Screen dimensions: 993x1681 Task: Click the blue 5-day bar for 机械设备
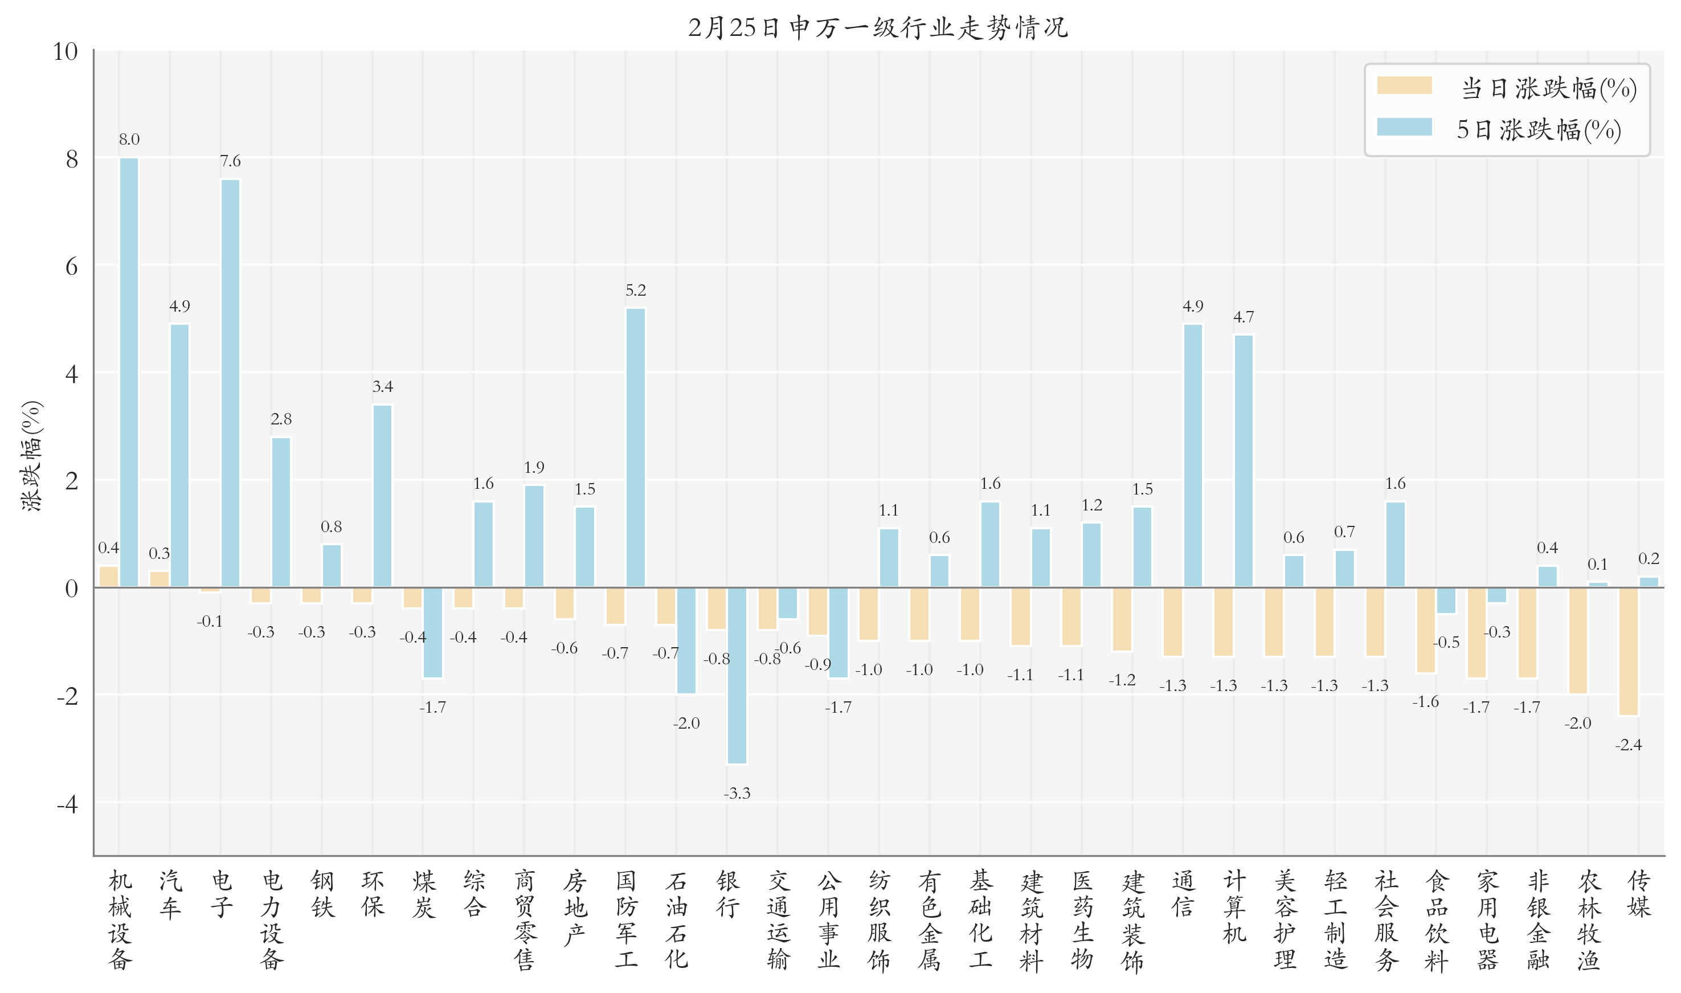tap(129, 373)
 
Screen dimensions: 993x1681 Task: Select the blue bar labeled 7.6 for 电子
tap(230, 383)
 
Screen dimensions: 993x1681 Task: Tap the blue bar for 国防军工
tap(636, 448)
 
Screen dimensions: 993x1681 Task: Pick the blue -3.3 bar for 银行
tap(737, 676)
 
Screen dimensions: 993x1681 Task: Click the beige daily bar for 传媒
tap(1628, 652)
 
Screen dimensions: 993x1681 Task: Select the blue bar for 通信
tap(1193, 456)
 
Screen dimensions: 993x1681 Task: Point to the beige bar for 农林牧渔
tap(1577, 641)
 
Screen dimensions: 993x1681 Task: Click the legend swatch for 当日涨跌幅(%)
tap(1404, 85)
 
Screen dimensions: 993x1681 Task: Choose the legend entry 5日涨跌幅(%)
tap(1539, 129)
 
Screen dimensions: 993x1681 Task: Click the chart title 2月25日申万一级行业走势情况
tap(878, 27)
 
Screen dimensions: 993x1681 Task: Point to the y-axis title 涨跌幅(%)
tap(31, 456)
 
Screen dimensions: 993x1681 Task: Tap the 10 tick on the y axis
tap(66, 51)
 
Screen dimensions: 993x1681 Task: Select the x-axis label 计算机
tap(1234, 906)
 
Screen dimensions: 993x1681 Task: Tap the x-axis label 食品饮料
tap(1436, 920)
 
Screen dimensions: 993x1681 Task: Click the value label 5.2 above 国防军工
tap(636, 291)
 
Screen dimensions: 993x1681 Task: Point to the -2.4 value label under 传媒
tap(1628, 745)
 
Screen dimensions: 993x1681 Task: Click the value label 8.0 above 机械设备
tap(129, 139)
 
